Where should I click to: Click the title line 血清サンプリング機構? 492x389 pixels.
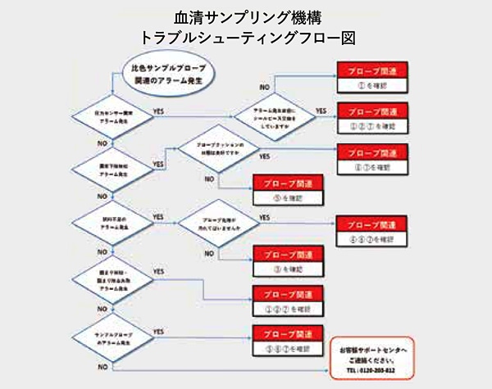[x=246, y=16]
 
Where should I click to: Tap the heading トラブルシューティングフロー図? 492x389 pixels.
[x=246, y=37]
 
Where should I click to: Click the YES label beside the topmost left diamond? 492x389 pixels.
[x=161, y=109]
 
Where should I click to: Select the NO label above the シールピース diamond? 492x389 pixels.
[x=264, y=86]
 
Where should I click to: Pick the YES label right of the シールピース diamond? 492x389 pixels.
[x=321, y=109]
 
